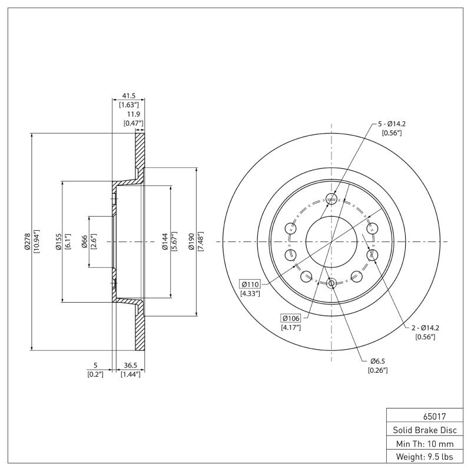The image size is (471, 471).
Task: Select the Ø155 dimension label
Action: [59, 241]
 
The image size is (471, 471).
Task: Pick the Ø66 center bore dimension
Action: [85, 241]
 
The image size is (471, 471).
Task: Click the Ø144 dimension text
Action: [165, 241]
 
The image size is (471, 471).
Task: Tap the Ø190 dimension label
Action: [191, 241]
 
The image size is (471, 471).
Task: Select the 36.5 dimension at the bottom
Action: [130, 365]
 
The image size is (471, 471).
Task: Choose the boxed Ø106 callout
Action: [291, 318]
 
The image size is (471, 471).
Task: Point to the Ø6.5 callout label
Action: [377, 360]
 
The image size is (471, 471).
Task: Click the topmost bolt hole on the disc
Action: [331, 199]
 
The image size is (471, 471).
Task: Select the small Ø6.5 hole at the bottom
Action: [331, 284]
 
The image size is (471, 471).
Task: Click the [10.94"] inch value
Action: [37, 241]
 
